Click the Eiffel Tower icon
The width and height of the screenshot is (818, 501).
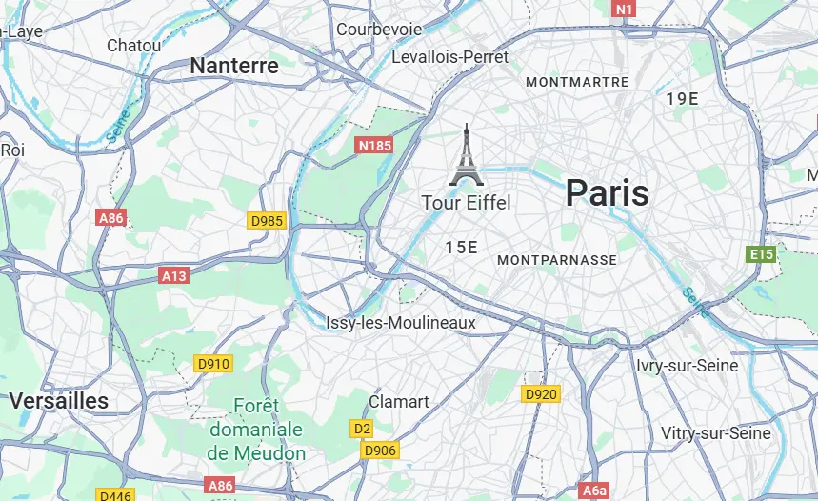click(467, 155)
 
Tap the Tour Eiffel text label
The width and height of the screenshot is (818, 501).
click(466, 203)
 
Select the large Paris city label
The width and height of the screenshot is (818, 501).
click(607, 193)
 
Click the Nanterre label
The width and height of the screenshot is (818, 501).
click(234, 66)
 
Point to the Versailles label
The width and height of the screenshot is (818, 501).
click(59, 401)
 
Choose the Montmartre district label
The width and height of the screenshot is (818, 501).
click(577, 83)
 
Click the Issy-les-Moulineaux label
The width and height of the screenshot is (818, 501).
click(400, 324)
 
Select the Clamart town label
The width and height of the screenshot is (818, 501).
click(399, 402)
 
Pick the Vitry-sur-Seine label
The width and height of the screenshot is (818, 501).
click(716, 433)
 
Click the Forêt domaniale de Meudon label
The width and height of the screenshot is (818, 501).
click(256, 431)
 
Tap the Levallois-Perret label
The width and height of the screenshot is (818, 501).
click(450, 57)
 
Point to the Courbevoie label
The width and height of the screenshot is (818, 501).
click(379, 30)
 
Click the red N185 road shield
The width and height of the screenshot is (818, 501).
click(374, 146)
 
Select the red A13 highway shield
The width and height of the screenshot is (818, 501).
click(174, 275)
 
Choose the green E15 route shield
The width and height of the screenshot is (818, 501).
click(762, 254)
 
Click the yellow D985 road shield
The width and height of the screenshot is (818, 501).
click(267, 221)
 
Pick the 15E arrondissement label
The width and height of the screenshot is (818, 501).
click(461, 248)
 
